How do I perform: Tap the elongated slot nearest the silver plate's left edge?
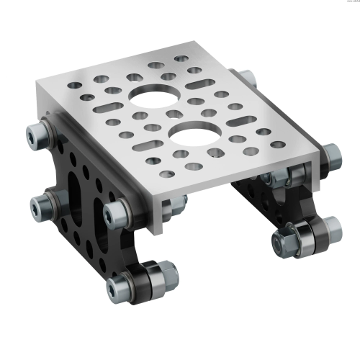pyautogui.click(x=107, y=107)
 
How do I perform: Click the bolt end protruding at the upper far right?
pyautogui.click(x=331, y=153)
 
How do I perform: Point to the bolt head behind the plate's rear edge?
pyautogui.click(x=246, y=78)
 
